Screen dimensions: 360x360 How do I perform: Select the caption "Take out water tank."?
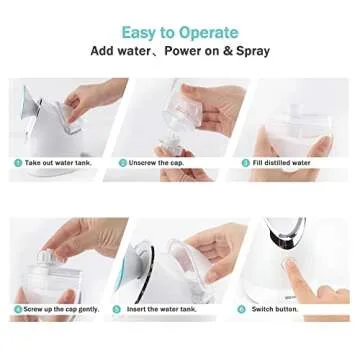click(x=58, y=162)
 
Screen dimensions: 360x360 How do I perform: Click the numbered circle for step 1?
click(x=17, y=162)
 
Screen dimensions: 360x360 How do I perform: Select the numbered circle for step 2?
click(x=123, y=162)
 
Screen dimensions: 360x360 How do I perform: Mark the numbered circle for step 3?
click(x=244, y=162)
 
